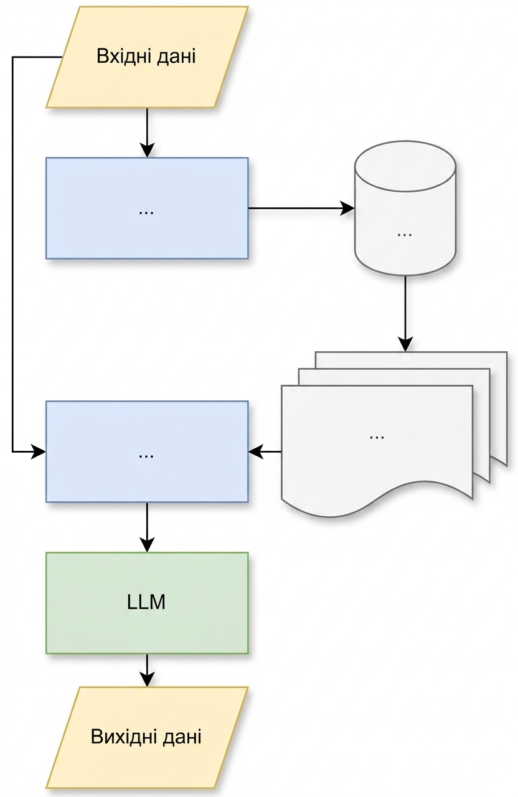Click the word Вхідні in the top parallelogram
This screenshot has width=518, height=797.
click(x=124, y=56)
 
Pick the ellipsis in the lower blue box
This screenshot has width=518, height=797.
click(x=146, y=456)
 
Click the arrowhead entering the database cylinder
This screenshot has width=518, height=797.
click(x=347, y=208)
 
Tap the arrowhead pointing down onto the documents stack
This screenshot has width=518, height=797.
click(x=405, y=344)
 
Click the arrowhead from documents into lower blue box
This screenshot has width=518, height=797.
click(x=255, y=452)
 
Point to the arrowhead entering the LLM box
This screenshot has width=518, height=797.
click(x=147, y=545)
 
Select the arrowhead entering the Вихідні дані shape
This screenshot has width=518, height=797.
click(x=147, y=679)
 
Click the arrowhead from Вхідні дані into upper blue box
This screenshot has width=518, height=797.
click(x=147, y=150)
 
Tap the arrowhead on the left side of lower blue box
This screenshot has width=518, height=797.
click(x=39, y=452)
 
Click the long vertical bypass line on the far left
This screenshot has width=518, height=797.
click(x=13, y=255)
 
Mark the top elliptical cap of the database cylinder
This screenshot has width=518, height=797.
click(x=405, y=166)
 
